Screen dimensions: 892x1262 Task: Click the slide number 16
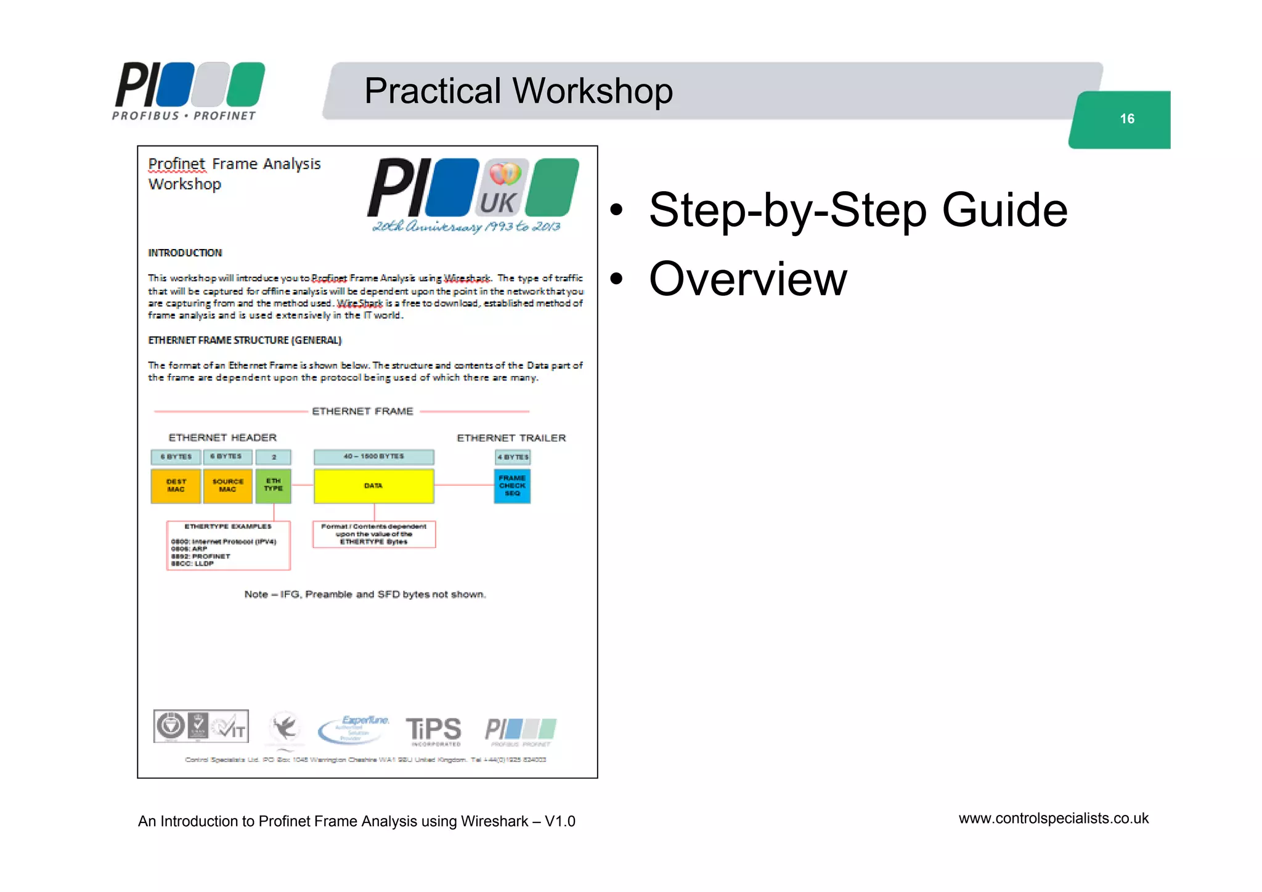tap(1126, 118)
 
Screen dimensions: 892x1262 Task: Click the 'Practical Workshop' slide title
tap(518, 91)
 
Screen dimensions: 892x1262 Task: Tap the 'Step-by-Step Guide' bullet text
tap(858, 210)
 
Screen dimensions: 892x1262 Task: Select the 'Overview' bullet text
tap(748, 279)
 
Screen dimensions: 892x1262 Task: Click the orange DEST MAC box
tap(176, 486)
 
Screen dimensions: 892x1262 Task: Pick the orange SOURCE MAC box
tap(227, 486)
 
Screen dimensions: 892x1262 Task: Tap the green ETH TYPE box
tap(274, 485)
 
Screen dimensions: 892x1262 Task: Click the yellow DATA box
tap(373, 486)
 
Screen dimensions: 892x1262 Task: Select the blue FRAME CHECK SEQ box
tap(512, 486)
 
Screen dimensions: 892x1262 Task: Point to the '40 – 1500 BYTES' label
tap(373, 457)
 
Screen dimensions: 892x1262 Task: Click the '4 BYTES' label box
tap(513, 457)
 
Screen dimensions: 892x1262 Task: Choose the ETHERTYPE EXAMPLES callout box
tap(228, 546)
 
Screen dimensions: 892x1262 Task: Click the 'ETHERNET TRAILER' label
tap(511, 438)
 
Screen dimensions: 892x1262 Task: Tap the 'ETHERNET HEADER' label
tap(222, 438)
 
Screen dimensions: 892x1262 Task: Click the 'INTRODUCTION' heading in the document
tap(185, 253)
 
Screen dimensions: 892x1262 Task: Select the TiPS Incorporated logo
tap(433, 730)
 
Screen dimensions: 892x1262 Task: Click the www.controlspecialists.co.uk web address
tap(1053, 819)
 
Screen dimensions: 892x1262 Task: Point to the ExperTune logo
tap(354, 729)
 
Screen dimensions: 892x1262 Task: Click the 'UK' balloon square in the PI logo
tap(504, 187)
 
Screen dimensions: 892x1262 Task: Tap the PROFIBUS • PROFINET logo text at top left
tap(184, 115)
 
